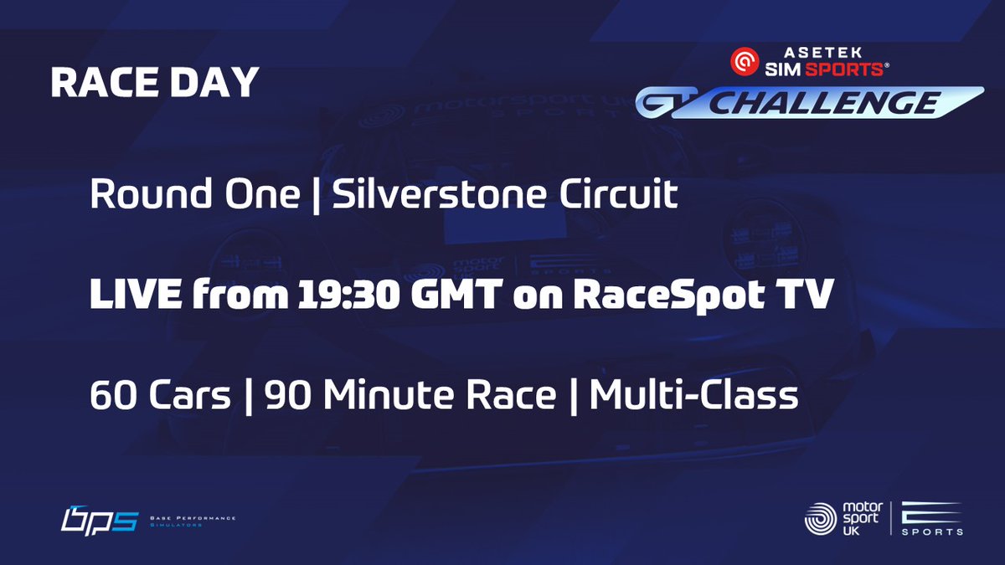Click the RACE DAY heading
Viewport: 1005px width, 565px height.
(x=154, y=83)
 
